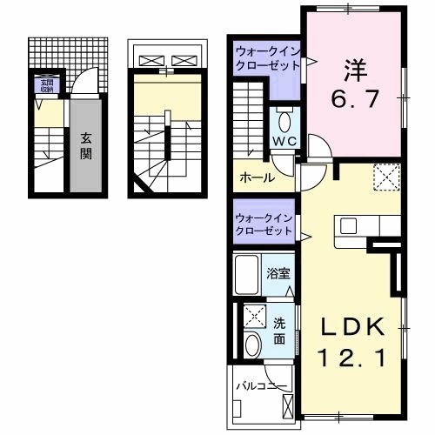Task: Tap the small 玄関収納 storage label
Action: click(43, 85)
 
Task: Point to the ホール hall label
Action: click(257, 177)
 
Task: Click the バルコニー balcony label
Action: click(260, 384)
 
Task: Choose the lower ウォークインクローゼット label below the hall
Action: click(264, 224)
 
